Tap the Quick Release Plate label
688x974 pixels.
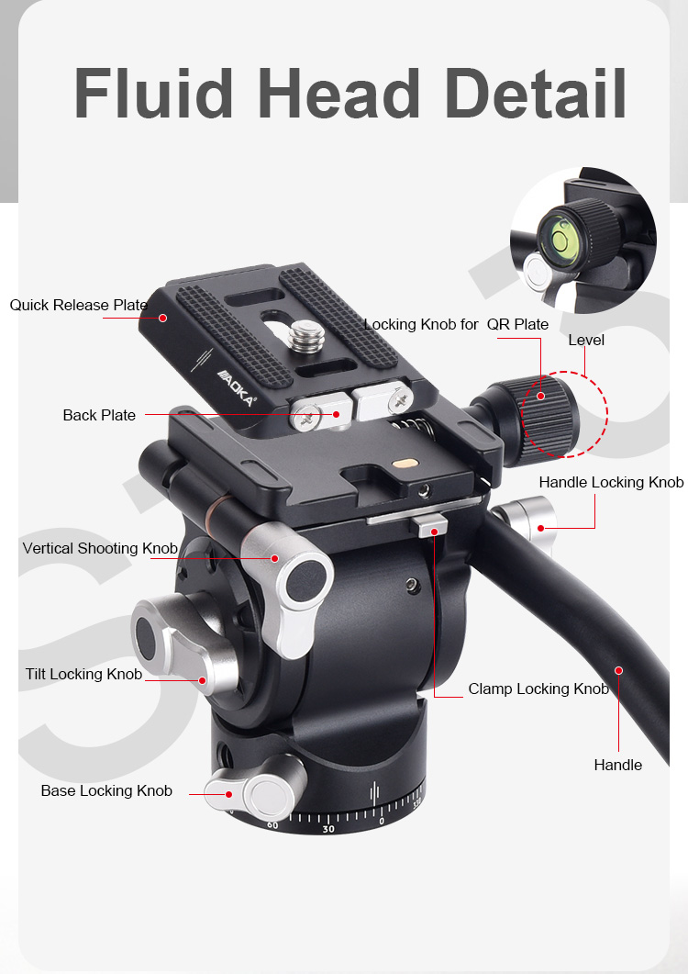(78, 305)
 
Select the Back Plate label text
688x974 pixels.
(99, 415)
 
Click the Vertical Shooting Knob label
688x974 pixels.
(100, 548)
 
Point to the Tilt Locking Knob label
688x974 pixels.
(83, 674)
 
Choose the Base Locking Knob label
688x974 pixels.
(106, 790)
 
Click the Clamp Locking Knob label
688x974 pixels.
(538, 689)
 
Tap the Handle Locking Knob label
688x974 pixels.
(611, 482)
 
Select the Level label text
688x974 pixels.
(586, 340)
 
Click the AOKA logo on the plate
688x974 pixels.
(236, 387)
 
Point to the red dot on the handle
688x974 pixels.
(618, 670)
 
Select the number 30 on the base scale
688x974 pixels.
(328, 829)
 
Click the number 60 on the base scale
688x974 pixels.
(272, 825)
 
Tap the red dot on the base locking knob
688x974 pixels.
(229, 794)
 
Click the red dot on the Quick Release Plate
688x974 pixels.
(162, 318)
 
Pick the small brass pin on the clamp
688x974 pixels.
(405, 463)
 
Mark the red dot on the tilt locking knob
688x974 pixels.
(202, 680)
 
